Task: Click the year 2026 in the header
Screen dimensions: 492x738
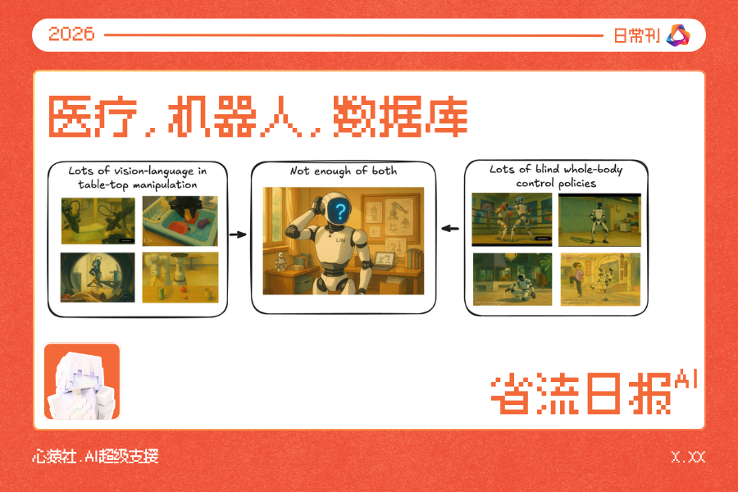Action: tap(71, 34)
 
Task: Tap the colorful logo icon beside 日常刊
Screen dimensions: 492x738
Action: tap(679, 34)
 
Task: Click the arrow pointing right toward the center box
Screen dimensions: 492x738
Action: tap(237, 235)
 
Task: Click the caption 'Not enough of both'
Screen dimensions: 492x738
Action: tap(343, 171)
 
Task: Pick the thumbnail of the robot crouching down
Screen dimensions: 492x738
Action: tap(512, 279)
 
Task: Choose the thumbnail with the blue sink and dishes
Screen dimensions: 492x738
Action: tap(180, 221)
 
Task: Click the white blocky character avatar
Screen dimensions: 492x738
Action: tap(82, 381)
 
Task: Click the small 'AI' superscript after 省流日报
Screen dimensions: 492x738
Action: tap(686, 379)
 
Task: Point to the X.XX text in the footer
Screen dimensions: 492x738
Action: tap(687, 457)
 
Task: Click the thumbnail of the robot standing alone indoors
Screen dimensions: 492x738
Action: tap(599, 220)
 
